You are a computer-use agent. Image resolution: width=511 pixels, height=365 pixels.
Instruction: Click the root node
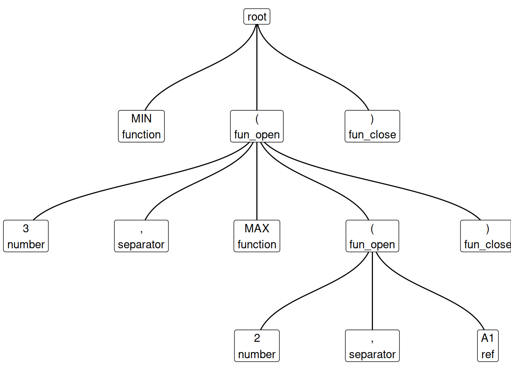tap(257, 17)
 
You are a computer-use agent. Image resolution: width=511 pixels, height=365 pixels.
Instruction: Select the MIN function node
tap(141, 126)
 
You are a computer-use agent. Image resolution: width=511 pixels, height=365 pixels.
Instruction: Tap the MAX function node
tap(257, 236)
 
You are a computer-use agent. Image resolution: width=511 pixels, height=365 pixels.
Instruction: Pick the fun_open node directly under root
tap(257, 126)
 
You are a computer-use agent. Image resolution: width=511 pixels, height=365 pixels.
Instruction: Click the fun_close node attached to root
tap(372, 126)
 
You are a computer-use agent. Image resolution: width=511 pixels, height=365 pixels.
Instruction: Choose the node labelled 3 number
tap(26, 236)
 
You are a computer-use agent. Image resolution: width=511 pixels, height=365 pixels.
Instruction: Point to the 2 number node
tap(257, 345)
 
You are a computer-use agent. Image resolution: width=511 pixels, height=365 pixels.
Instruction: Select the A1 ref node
tap(487, 345)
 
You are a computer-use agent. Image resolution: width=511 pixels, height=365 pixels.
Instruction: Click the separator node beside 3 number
tap(141, 236)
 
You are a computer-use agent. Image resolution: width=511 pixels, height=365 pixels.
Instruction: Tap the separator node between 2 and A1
tap(372, 345)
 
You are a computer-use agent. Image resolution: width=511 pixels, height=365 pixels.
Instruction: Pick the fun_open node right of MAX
tap(372, 236)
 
